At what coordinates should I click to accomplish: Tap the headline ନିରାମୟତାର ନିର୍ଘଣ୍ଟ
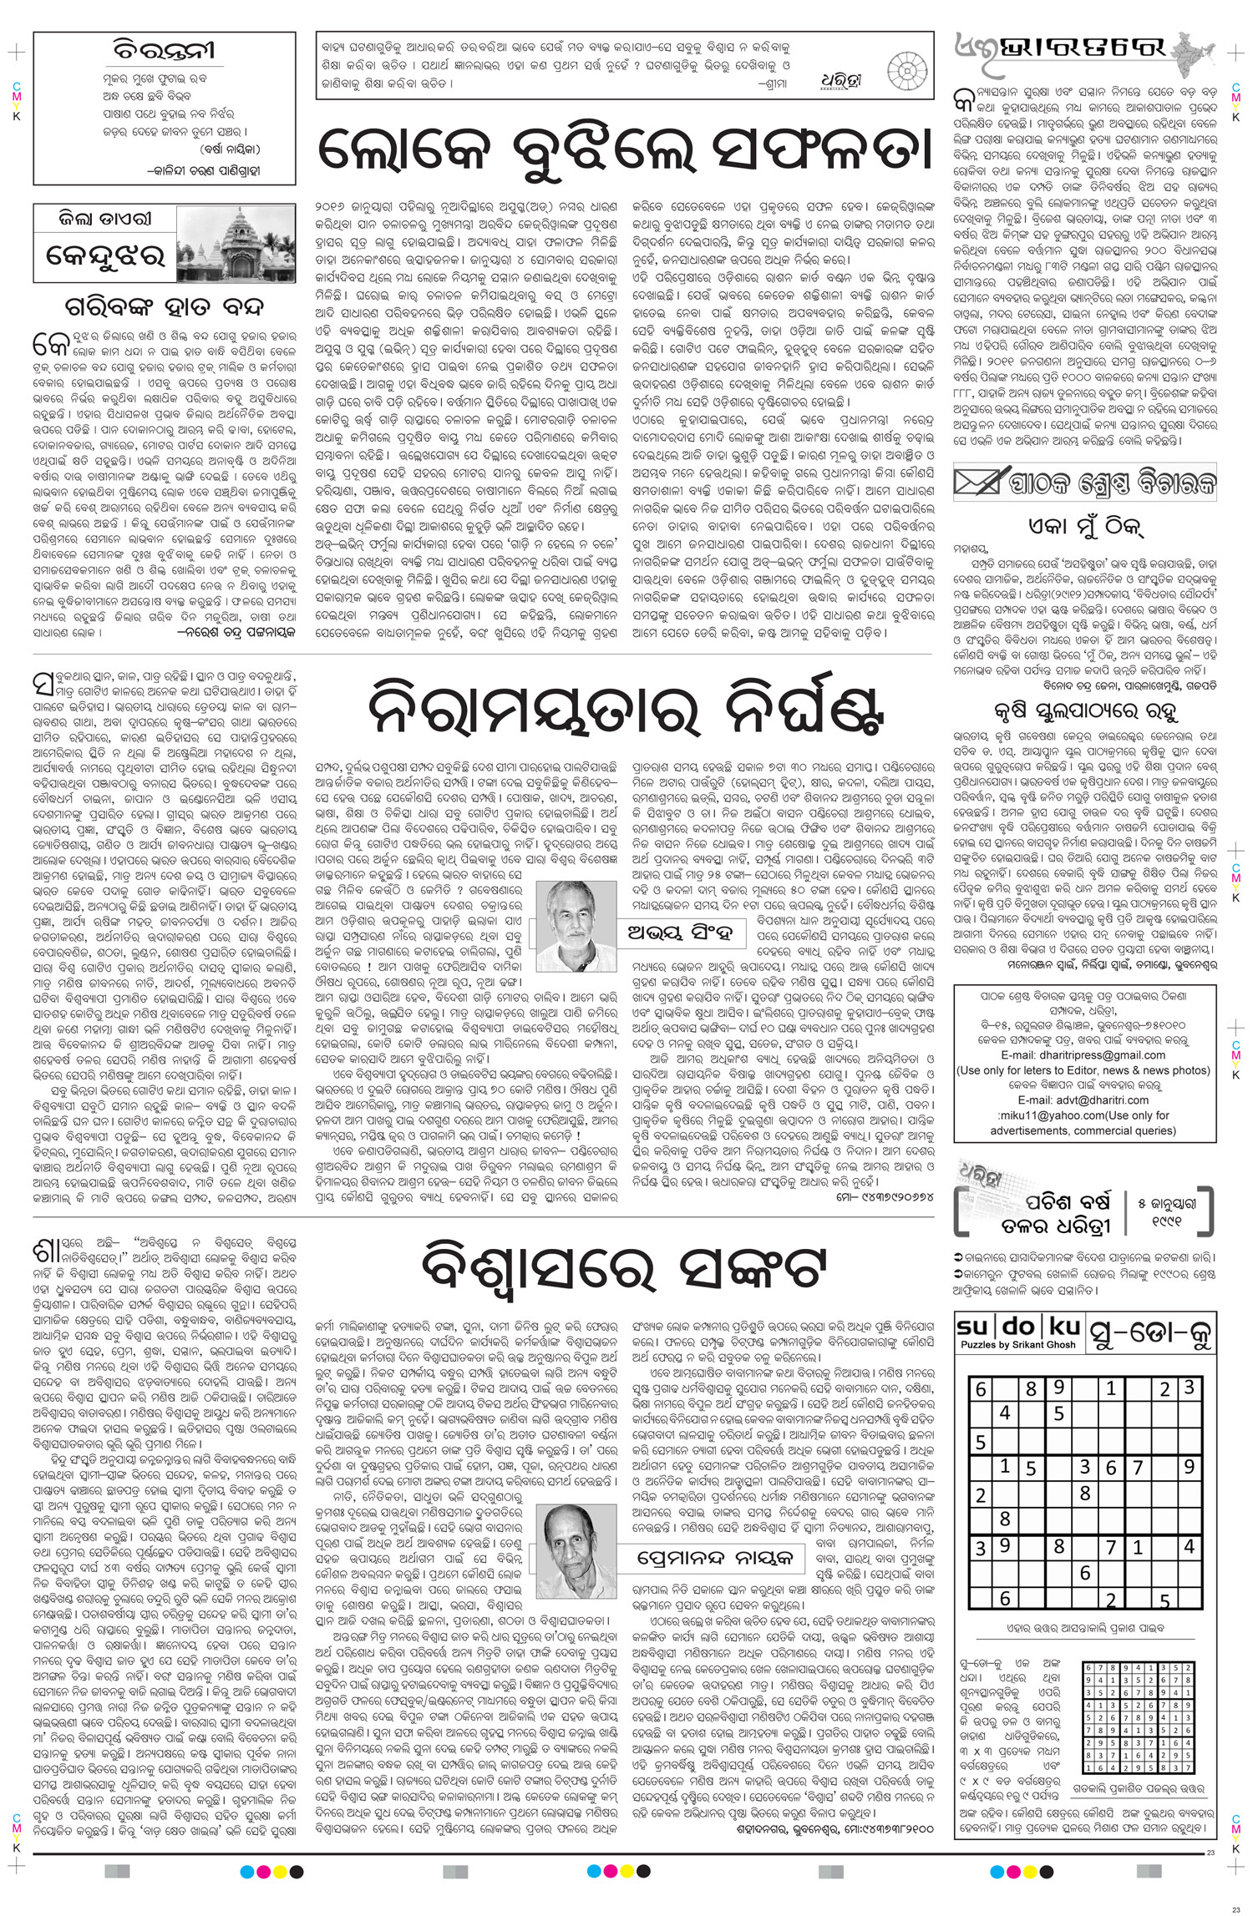626,712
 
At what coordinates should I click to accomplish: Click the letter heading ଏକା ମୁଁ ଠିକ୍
1084,529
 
